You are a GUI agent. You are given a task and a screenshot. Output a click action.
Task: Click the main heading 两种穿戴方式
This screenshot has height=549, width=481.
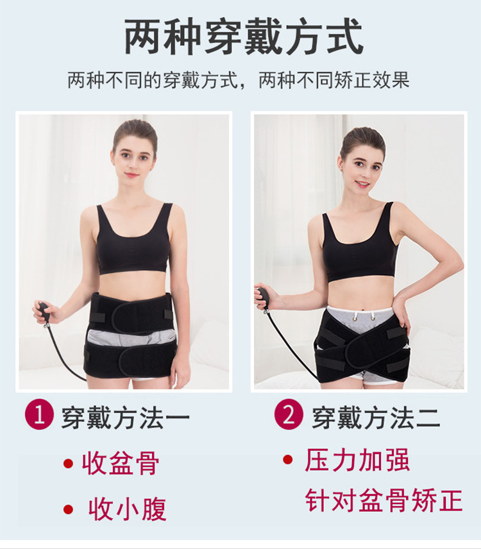pyautogui.click(x=244, y=37)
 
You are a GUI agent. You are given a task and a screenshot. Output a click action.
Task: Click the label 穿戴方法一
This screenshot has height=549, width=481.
pyautogui.click(x=125, y=418)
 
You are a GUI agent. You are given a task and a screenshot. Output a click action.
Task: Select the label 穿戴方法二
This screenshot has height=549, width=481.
pyautogui.click(x=376, y=418)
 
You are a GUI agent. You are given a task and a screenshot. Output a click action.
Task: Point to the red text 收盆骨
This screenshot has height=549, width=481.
pyautogui.click(x=121, y=463)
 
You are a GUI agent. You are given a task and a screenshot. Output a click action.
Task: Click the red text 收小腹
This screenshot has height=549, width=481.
pyautogui.click(x=127, y=509)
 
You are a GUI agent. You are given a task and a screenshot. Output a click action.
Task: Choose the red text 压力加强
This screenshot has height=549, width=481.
pyautogui.click(x=357, y=460)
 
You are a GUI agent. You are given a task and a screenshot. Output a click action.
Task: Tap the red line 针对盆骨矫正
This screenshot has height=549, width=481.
pyautogui.click(x=384, y=500)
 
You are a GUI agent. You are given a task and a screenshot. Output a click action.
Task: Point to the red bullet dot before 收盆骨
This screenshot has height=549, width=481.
pyautogui.click(x=68, y=464)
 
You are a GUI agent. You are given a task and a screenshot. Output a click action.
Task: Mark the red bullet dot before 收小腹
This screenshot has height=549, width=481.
pyautogui.click(x=68, y=509)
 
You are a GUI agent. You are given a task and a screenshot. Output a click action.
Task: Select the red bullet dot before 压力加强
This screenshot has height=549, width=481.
pyautogui.click(x=288, y=459)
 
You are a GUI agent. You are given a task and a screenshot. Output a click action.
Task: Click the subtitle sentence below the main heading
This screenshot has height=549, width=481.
pyautogui.click(x=239, y=81)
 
